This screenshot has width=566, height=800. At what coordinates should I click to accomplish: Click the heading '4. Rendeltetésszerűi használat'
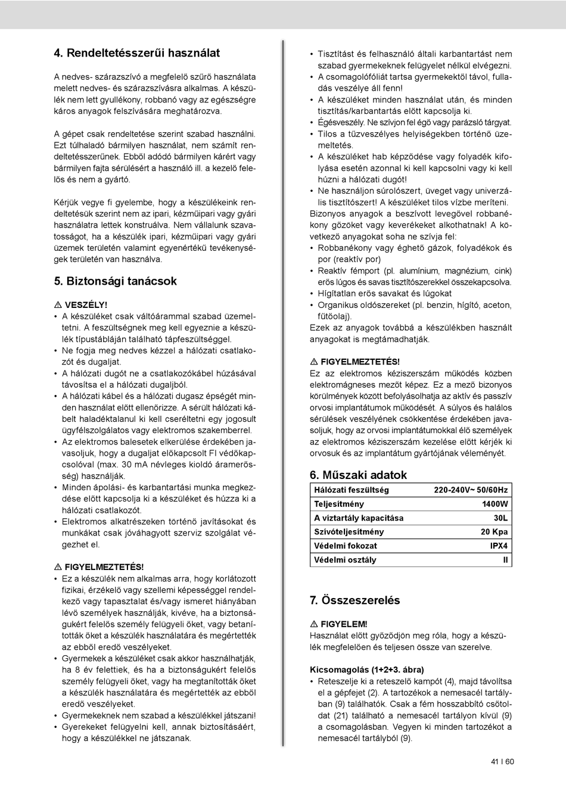tap(136, 53)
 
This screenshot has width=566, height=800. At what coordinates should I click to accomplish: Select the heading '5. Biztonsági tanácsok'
tap(115, 281)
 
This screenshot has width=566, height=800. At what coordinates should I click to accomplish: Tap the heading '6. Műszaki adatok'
tap(358, 475)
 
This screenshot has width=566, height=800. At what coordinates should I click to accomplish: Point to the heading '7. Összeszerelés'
tap(354, 600)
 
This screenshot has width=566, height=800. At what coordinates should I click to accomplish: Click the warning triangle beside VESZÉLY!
tap(57, 305)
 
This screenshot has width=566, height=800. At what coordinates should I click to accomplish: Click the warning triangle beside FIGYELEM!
tap(313, 624)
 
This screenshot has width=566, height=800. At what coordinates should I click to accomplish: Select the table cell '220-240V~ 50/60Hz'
tap(471, 490)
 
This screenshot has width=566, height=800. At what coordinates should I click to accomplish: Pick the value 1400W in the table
tap(495, 504)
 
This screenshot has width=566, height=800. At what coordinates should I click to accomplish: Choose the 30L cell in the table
tap(500, 518)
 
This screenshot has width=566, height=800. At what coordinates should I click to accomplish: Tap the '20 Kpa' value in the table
tap(494, 532)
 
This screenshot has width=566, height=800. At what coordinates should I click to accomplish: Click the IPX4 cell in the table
tap(499, 546)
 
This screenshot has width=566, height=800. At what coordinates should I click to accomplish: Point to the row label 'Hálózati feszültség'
tap(351, 490)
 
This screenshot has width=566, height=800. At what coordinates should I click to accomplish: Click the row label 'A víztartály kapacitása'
tap(358, 518)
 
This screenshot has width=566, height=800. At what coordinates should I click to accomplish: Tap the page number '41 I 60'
tap(502, 762)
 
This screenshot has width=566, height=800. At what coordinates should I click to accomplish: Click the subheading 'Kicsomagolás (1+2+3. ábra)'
tap(367, 670)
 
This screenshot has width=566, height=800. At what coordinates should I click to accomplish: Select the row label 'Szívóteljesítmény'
tap(349, 532)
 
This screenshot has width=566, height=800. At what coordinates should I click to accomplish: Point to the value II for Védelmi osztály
tap(505, 560)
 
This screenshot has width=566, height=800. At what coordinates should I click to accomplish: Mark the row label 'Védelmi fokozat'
tap(345, 546)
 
